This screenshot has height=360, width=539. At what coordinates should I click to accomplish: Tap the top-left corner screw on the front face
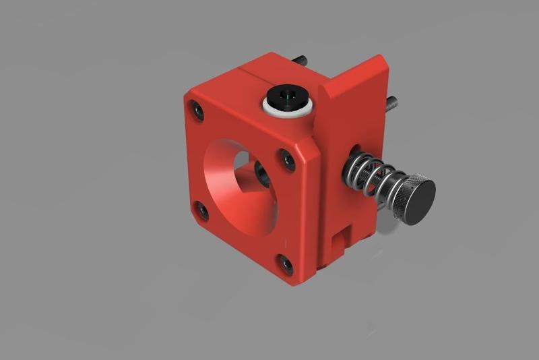(x=197, y=109)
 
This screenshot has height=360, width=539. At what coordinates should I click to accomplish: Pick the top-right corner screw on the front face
(x=288, y=160)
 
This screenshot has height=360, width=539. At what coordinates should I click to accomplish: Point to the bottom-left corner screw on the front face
(x=201, y=210)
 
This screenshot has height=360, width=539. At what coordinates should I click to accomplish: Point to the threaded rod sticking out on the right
(x=391, y=102)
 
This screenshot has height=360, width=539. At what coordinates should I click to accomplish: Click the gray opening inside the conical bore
(x=239, y=159)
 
